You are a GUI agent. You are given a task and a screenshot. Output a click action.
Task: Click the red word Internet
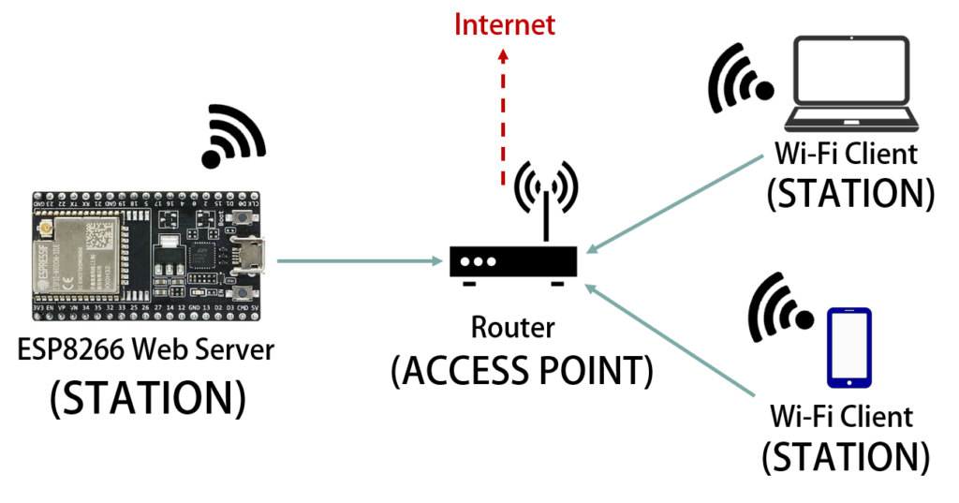(505, 25)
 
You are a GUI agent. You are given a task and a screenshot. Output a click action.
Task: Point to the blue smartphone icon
(848, 348)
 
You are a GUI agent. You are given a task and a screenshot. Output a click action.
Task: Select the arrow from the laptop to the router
(675, 204)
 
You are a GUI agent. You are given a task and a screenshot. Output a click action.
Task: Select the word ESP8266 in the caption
(70, 349)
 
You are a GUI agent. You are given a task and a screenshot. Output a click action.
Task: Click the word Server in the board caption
(240, 349)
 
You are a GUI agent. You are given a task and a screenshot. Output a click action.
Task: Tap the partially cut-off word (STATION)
(148, 386)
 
